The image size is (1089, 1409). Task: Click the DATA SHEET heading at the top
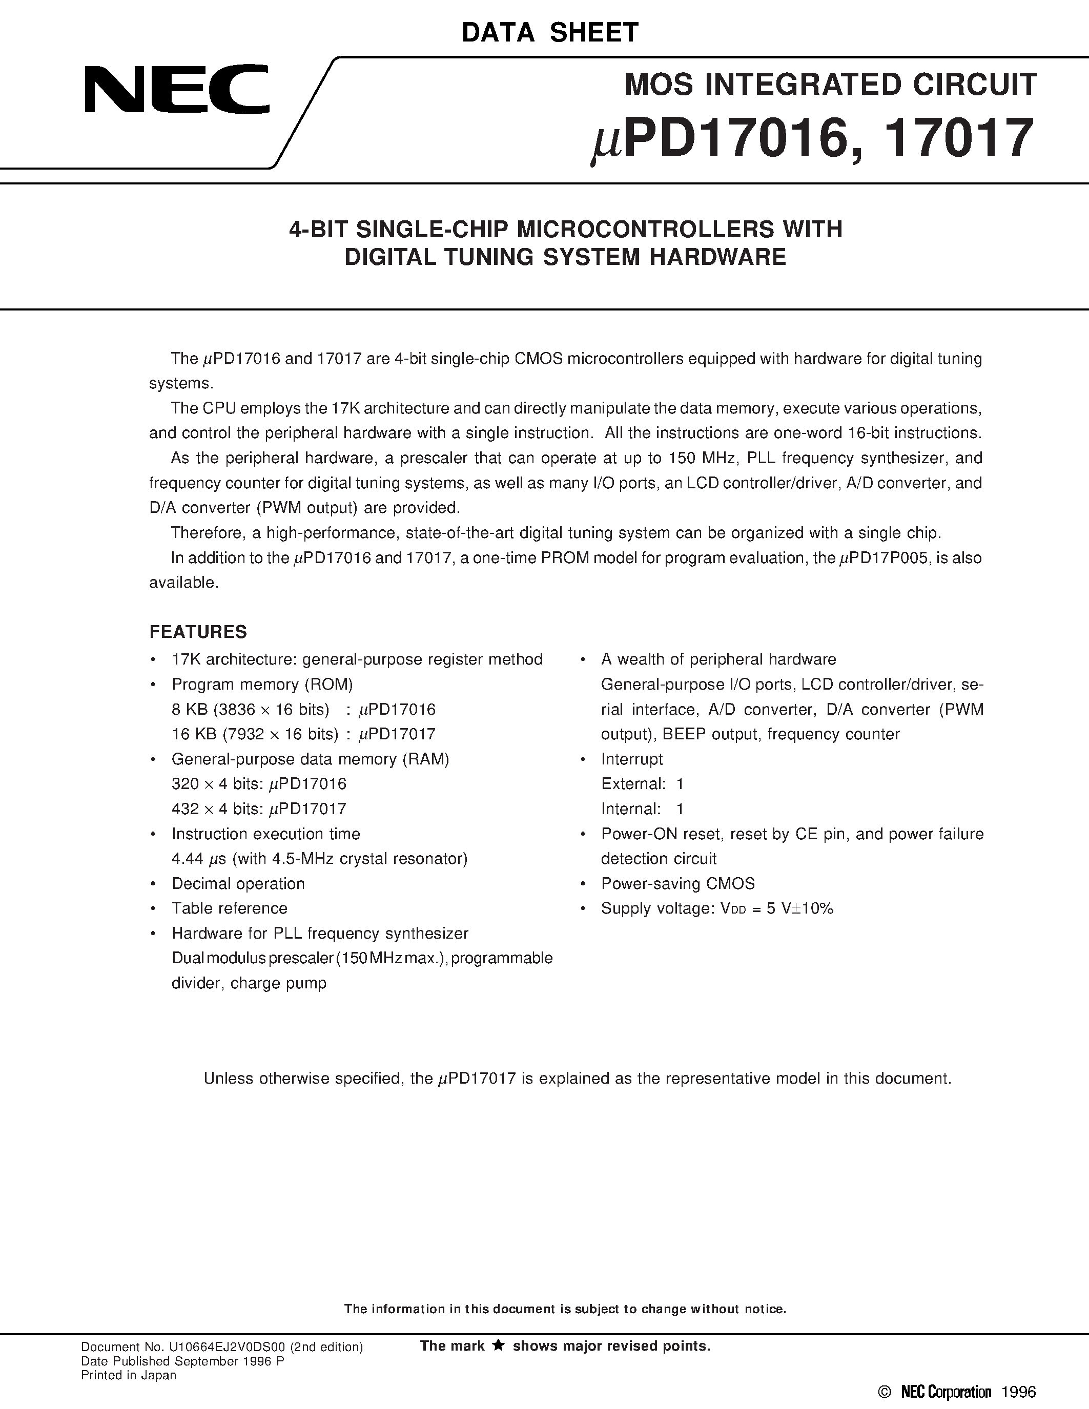pyautogui.click(x=550, y=32)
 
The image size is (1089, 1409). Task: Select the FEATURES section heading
pyautogui.click(x=198, y=632)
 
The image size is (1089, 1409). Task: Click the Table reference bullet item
pyautogui.click(x=229, y=908)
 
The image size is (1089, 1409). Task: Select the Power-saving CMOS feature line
pyautogui.click(x=677, y=884)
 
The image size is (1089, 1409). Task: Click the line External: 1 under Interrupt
pyautogui.click(x=642, y=784)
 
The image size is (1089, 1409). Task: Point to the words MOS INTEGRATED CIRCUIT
pyautogui.click(x=830, y=85)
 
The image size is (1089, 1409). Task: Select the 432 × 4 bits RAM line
pyautogui.click(x=258, y=809)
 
